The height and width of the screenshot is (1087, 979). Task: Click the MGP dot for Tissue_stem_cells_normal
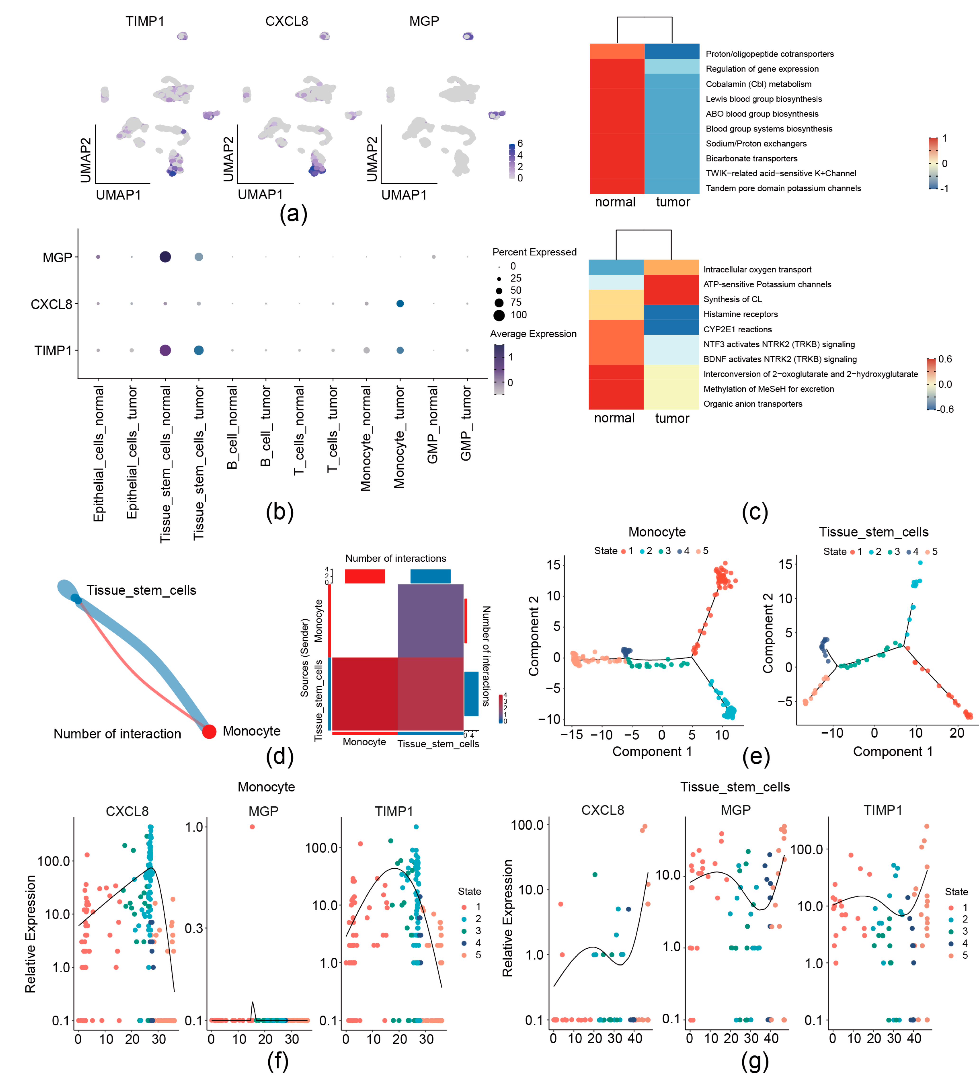(165, 257)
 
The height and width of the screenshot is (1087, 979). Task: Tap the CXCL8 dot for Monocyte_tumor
(400, 303)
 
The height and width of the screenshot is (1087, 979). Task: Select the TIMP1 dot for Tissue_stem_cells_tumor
(199, 350)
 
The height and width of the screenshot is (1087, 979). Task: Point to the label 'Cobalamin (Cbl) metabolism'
(759, 84)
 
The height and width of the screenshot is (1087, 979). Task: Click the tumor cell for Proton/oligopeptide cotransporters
(672, 51)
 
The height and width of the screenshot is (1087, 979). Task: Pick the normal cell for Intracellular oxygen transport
(616, 268)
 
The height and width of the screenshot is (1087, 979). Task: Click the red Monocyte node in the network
(209, 731)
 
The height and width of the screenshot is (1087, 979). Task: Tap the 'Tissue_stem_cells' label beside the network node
(141, 590)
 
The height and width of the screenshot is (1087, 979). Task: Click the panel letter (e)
(756, 757)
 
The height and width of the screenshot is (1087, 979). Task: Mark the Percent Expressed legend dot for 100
(499, 315)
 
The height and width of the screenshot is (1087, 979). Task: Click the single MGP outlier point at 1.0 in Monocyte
(252, 827)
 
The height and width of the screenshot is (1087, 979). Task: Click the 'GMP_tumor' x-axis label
(466, 423)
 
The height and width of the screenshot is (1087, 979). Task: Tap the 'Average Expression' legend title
(533, 334)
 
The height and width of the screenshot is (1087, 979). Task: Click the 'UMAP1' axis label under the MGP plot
(404, 195)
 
